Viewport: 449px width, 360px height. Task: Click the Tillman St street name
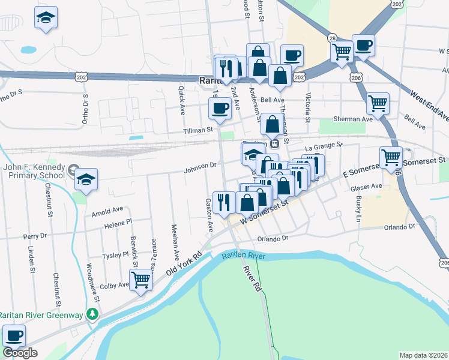pyautogui.click(x=199, y=130)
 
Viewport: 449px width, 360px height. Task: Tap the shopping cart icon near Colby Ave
pyautogui.click(x=140, y=279)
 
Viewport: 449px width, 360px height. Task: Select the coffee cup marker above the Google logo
pyautogui.click(x=14, y=336)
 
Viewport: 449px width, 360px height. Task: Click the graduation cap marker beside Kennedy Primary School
pyautogui.click(x=86, y=179)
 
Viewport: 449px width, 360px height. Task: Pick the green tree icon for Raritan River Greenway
pyautogui.click(x=92, y=314)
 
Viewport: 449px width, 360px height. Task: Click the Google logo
pyautogui.click(x=20, y=353)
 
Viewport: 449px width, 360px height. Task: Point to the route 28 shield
pyautogui.click(x=332, y=38)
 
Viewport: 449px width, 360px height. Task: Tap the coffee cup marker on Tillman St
pyautogui.click(x=220, y=109)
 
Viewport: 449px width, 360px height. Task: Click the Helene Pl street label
pyautogui.click(x=118, y=223)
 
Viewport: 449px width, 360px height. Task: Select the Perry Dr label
pyautogui.click(x=34, y=237)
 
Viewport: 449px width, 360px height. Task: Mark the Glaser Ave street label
pyautogui.click(x=368, y=187)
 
